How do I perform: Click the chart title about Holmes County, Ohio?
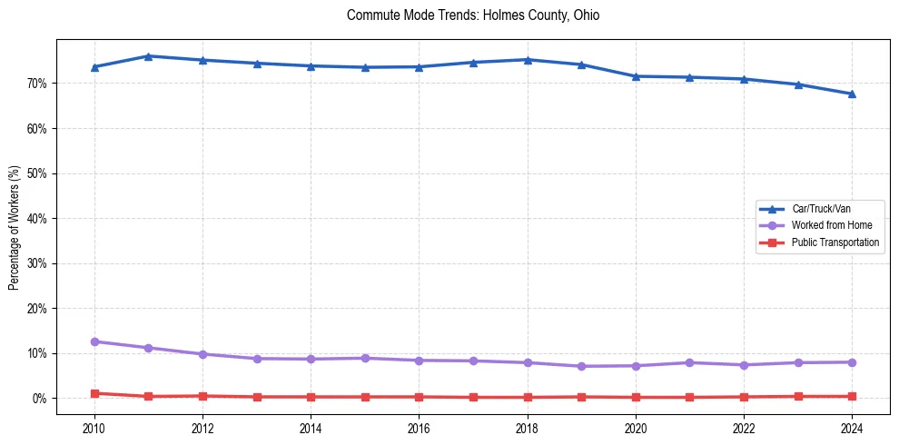[x=473, y=15]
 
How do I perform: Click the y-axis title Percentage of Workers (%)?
[x=14, y=228]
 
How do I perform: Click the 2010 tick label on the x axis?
[x=94, y=428]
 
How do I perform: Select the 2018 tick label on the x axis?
[x=528, y=428]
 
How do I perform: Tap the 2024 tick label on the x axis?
[x=852, y=428]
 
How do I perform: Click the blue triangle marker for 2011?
[x=149, y=56]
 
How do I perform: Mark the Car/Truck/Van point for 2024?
[x=852, y=94]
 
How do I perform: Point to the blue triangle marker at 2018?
[x=528, y=60]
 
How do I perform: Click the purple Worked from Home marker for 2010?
[x=94, y=341]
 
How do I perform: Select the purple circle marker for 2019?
[x=581, y=366]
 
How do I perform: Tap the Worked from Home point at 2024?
[x=852, y=362]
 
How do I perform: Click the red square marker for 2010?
[x=94, y=393]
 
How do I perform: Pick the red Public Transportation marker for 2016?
[x=420, y=397]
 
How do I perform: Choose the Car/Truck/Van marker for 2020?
[x=636, y=76]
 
